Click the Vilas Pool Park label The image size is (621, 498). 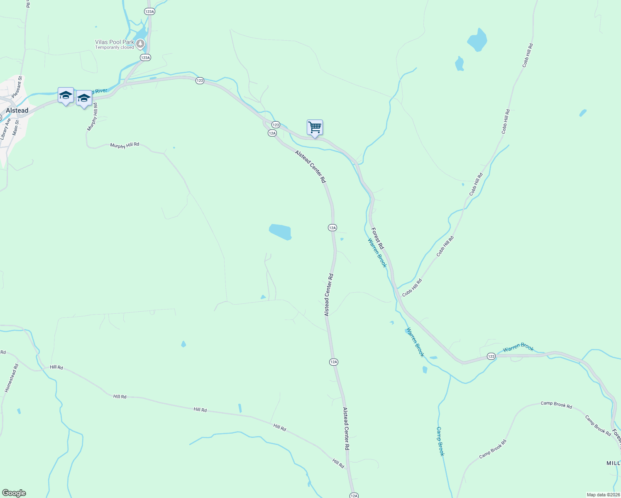pyautogui.click(x=114, y=42)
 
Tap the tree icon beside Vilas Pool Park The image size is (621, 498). pyautogui.click(x=141, y=43)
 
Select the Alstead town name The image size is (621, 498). pyautogui.click(x=17, y=110)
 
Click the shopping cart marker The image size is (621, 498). pyautogui.click(x=315, y=127)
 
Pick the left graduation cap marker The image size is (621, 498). pyautogui.click(x=66, y=95)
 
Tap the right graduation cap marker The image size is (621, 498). pyautogui.click(x=84, y=98)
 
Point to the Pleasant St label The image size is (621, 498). pyautogui.click(x=17, y=87)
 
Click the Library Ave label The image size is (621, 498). pyautogui.click(x=4, y=129)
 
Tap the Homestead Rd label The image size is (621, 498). pyautogui.click(x=12, y=378)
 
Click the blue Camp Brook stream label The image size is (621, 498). pyautogui.click(x=440, y=441)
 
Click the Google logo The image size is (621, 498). pyautogui.click(x=14, y=493)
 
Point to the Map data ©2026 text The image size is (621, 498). pyautogui.click(x=603, y=495)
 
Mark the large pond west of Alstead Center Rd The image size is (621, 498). pyautogui.click(x=280, y=232)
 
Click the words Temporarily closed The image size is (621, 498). pyautogui.click(x=115, y=48)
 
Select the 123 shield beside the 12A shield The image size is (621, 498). pyautogui.click(x=276, y=125)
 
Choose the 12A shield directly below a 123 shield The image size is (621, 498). pyautogui.click(x=272, y=133)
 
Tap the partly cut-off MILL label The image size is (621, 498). pyautogui.click(x=613, y=463)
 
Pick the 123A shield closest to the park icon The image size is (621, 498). pyautogui.click(x=145, y=58)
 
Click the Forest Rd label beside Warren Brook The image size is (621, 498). pyautogui.click(x=377, y=238)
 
